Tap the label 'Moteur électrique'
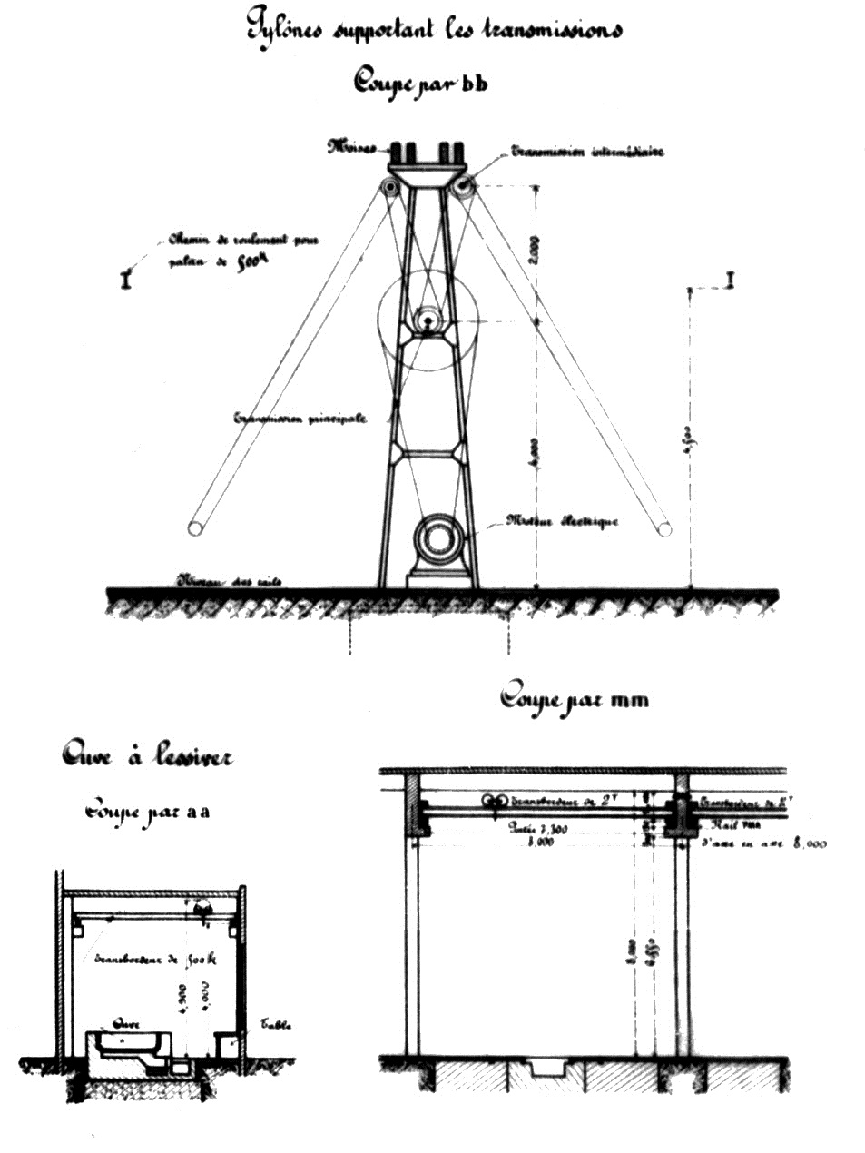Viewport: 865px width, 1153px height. click(x=562, y=521)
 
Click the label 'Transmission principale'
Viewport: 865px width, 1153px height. click(x=300, y=419)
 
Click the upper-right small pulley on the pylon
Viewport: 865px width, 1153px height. click(x=464, y=187)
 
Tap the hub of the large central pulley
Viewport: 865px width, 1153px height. click(x=426, y=320)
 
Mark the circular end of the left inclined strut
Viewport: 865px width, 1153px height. click(x=195, y=527)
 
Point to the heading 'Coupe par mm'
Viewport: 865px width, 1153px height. click(x=574, y=698)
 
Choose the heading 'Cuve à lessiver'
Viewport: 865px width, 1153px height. click(x=146, y=754)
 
